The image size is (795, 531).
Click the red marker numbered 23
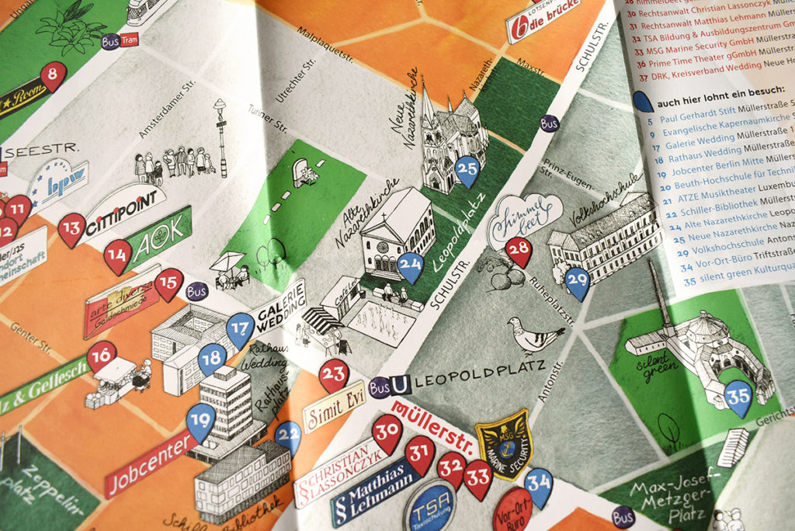[334, 374]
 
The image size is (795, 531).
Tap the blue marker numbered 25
[467, 170]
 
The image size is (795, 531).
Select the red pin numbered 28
[518, 250]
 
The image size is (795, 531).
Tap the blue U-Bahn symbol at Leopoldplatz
[400, 384]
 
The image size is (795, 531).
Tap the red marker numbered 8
[53, 76]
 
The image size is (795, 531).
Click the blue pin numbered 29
[577, 282]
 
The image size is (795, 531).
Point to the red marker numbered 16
[101, 356]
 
